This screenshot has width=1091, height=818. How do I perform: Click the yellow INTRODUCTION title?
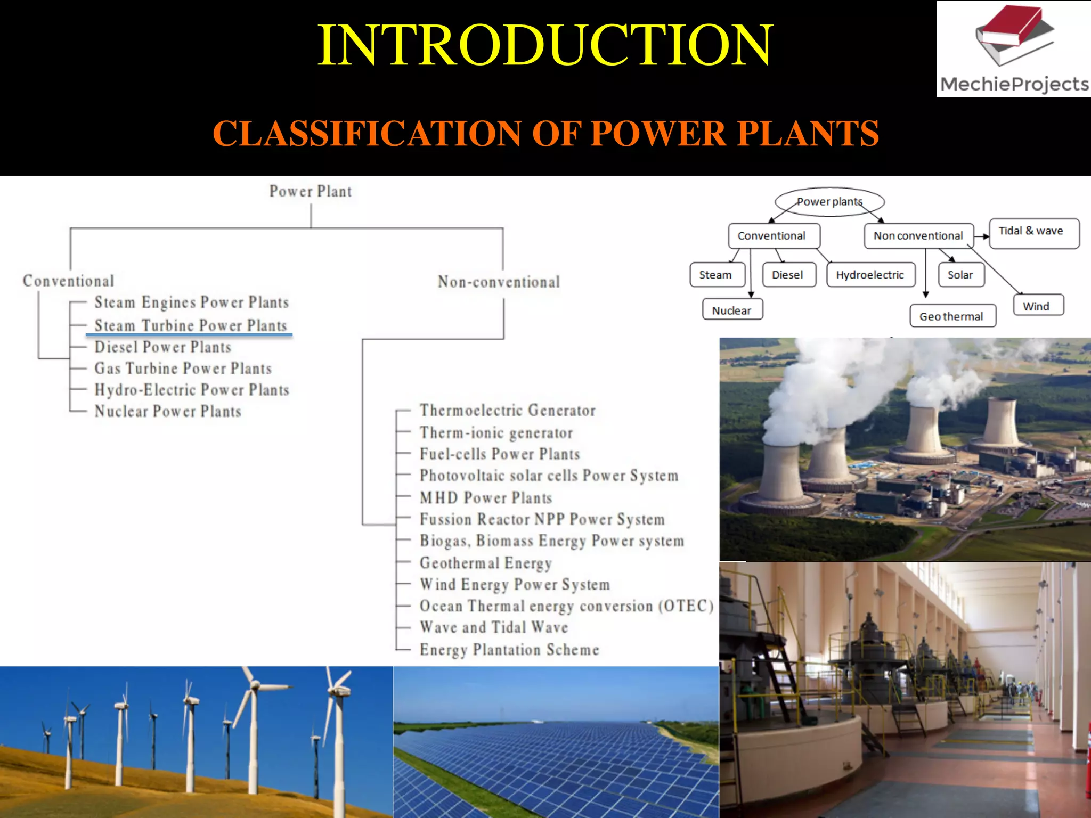pyautogui.click(x=544, y=46)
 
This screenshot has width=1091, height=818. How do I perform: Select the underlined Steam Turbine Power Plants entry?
pyautogui.click(x=190, y=325)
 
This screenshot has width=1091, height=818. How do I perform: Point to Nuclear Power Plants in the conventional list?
pyautogui.click(x=168, y=411)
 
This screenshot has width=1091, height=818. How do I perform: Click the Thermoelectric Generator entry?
pyautogui.click(x=507, y=410)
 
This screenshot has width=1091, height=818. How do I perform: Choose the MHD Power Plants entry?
pyautogui.click(x=485, y=497)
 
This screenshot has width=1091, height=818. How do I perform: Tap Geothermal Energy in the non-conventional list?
pyautogui.click(x=485, y=562)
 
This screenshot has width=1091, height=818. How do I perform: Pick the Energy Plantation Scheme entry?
pyautogui.click(x=509, y=649)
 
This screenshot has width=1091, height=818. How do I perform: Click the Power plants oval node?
pyautogui.click(x=829, y=202)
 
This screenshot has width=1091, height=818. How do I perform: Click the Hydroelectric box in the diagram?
pyautogui.click(x=870, y=275)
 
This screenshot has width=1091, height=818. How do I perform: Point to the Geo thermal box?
pyautogui.click(x=952, y=316)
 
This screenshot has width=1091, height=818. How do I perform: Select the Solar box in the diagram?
pyautogui.click(x=960, y=275)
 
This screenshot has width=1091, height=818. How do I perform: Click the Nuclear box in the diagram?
pyautogui.click(x=732, y=310)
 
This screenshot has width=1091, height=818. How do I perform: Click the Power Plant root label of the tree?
pyautogui.click(x=311, y=191)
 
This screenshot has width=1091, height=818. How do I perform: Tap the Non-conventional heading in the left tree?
pyautogui.click(x=499, y=281)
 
